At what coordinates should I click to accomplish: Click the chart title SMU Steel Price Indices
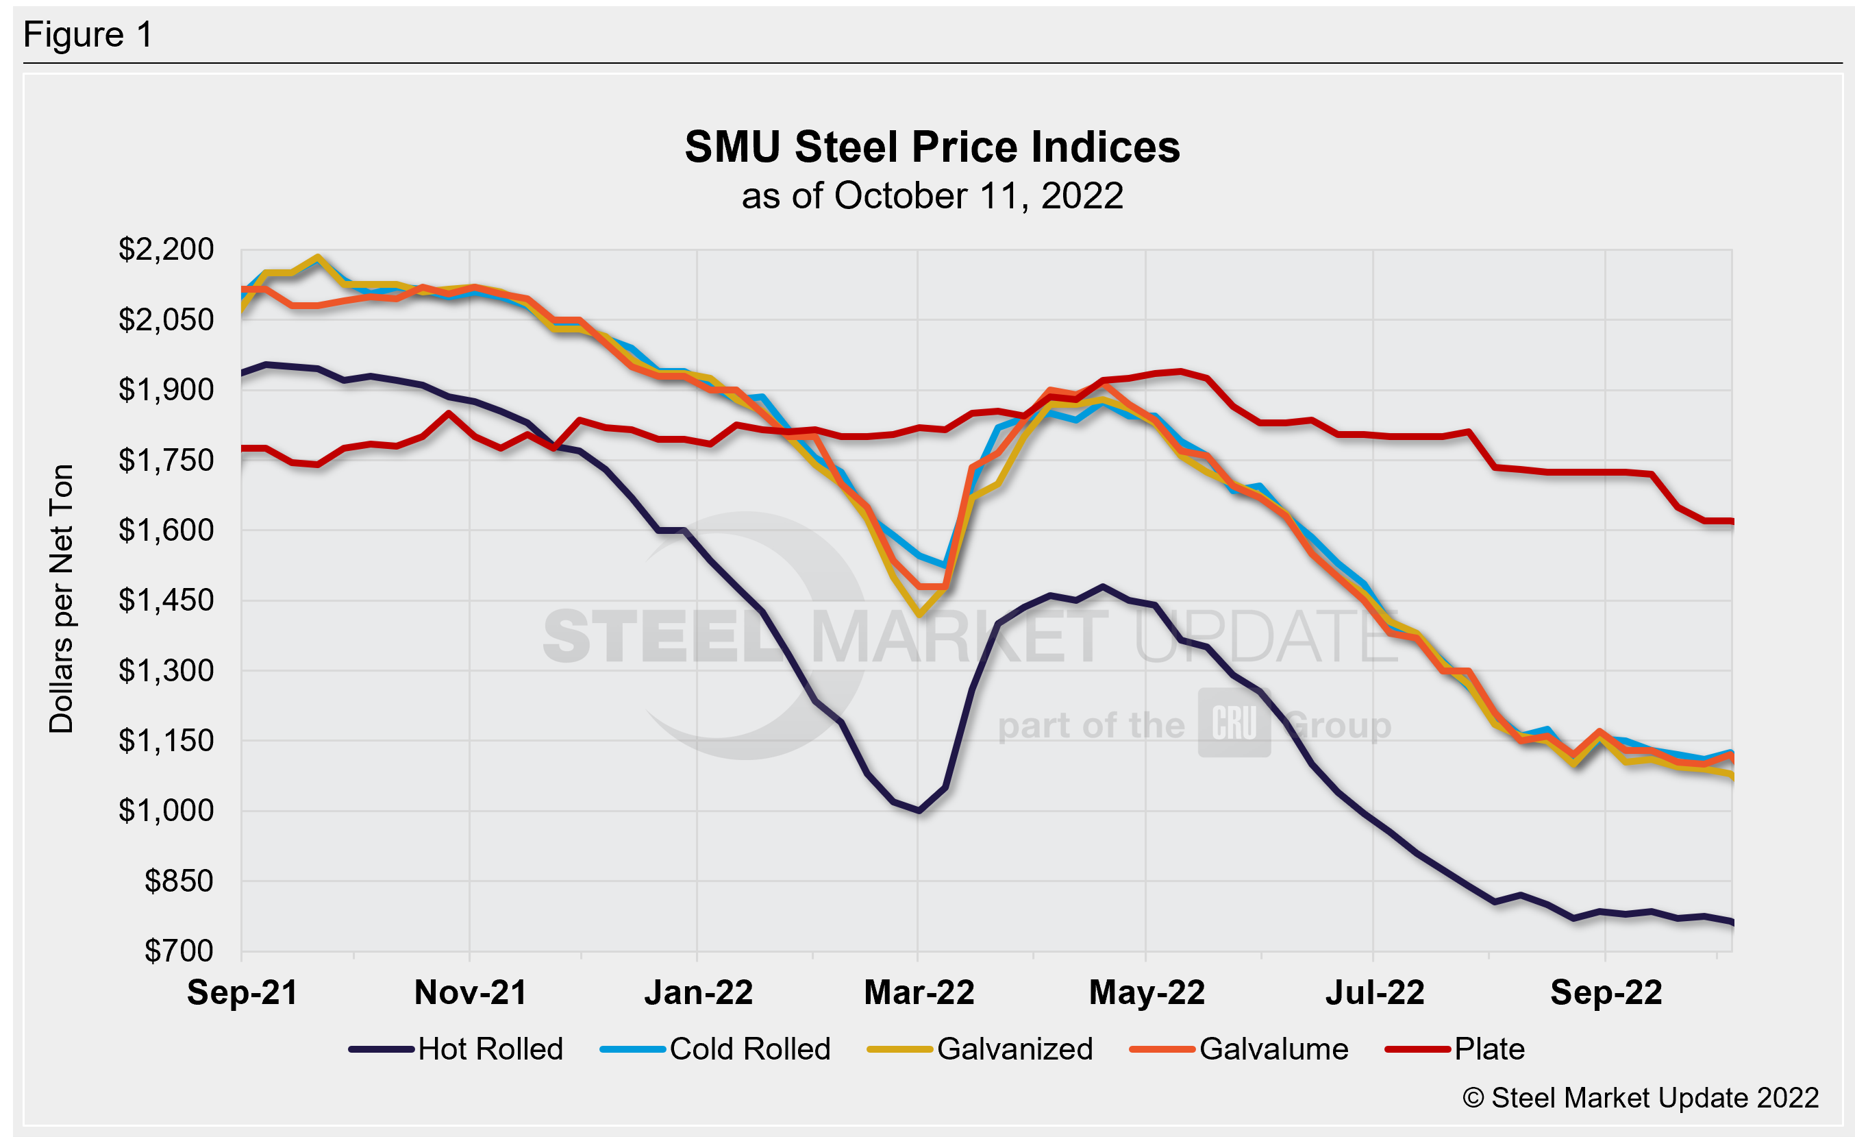(932, 147)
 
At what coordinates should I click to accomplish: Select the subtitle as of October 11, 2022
(932, 197)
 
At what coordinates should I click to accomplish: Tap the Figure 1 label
(88, 35)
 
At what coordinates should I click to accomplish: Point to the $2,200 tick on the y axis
(166, 249)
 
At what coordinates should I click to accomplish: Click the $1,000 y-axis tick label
(166, 811)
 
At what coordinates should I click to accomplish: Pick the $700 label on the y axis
(179, 951)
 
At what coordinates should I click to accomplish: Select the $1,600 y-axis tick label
(166, 530)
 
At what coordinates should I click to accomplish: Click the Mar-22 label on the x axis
(919, 993)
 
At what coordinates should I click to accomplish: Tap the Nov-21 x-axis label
(471, 993)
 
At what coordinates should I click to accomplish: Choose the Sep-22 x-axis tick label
(1606, 993)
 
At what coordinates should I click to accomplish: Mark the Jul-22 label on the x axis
(1375, 993)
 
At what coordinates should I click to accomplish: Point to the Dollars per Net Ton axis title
(61, 598)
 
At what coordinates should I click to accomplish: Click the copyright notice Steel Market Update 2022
(1641, 1098)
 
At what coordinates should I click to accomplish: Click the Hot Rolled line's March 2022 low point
(919, 811)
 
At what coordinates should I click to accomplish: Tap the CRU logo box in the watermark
(1234, 723)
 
